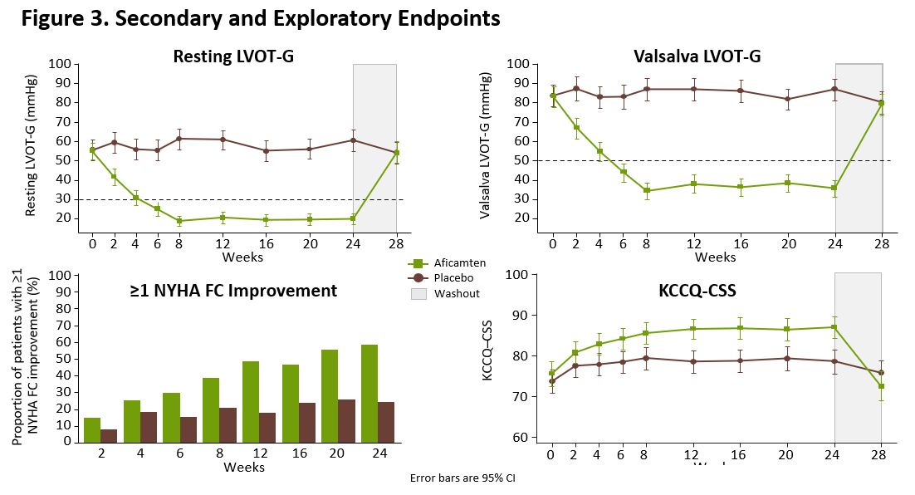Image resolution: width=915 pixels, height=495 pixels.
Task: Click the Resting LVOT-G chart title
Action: [x=233, y=56]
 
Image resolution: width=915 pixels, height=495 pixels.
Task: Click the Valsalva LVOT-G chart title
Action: [x=697, y=56]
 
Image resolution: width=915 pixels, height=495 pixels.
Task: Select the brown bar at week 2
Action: [x=109, y=435]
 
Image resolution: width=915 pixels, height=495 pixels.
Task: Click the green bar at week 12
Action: [x=251, y=401]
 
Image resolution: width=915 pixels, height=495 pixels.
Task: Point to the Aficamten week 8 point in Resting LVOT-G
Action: [x=179, y=221]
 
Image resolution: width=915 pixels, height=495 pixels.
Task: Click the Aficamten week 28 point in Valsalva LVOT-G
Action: [x=882, y=104]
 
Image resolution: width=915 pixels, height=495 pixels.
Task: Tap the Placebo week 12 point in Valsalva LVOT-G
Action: [x=693, y=89]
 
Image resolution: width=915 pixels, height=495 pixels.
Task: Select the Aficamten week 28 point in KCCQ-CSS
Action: [x=881, y=386]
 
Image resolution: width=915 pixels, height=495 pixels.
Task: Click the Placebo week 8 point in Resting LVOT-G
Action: [x=179, y=138]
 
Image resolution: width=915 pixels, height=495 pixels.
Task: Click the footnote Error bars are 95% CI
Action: [x=462, y=478]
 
